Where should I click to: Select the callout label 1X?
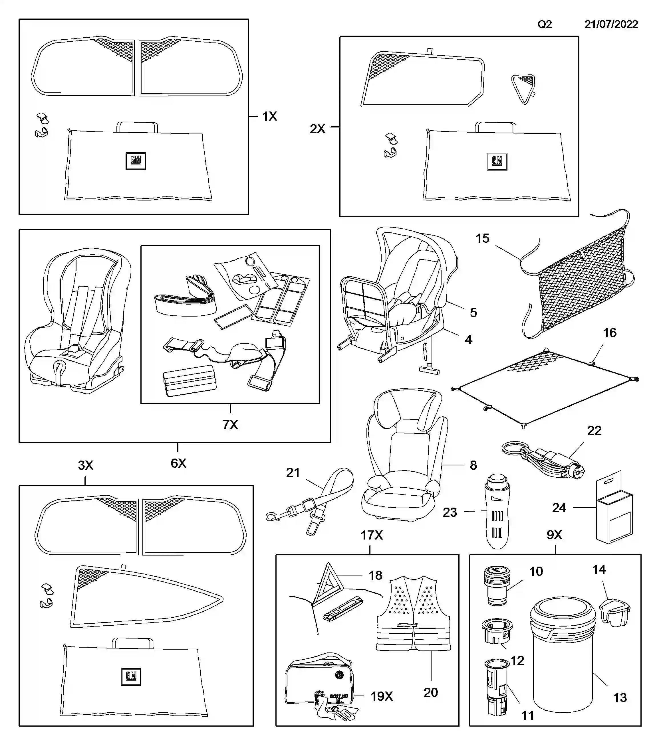pos(269,116)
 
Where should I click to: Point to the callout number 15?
pos(482,238)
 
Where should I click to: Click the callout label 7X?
pos(230,425)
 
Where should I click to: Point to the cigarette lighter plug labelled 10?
pos(497,585)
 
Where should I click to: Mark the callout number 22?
pos(594,431)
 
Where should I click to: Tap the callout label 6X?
pos(178,463)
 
